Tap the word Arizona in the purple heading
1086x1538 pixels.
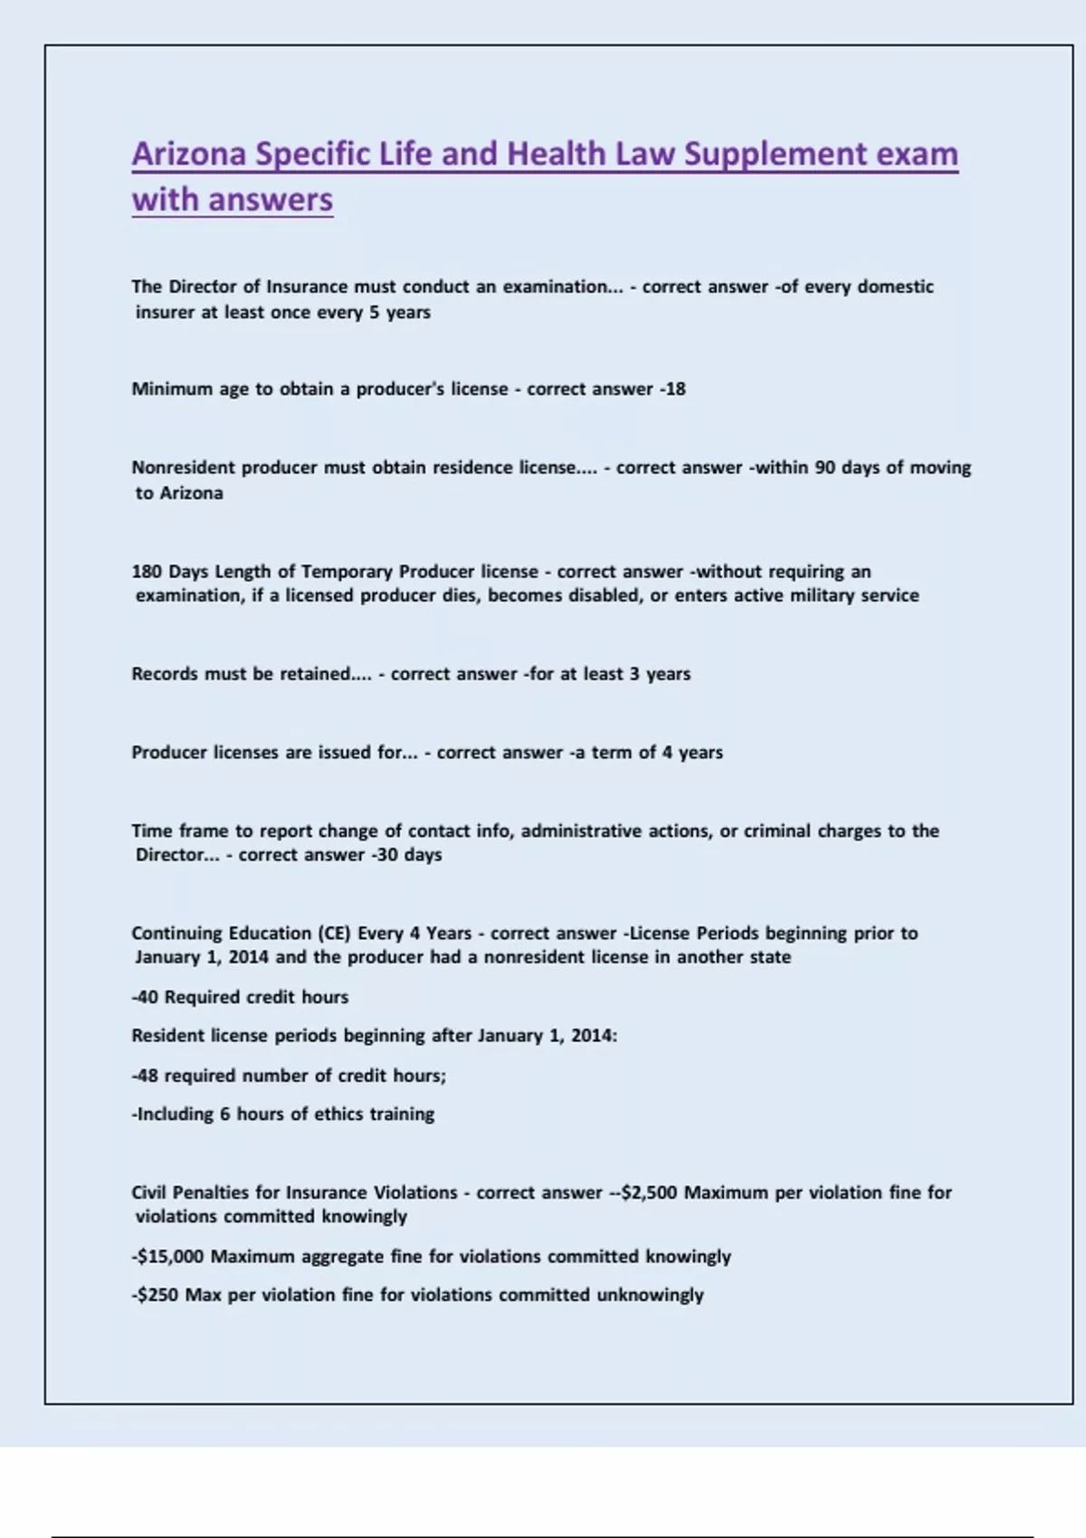tap(189, 154)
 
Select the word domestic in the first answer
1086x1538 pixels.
tap(895, 287)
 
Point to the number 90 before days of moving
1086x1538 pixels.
tap(824, 468)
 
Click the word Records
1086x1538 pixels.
tap(164, 674)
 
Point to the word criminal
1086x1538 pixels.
tap(776, 831)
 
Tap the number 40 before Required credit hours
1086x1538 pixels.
tap(148, 997)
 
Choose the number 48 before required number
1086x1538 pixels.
tap(148, 1076)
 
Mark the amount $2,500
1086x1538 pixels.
tap(649, 1193)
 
